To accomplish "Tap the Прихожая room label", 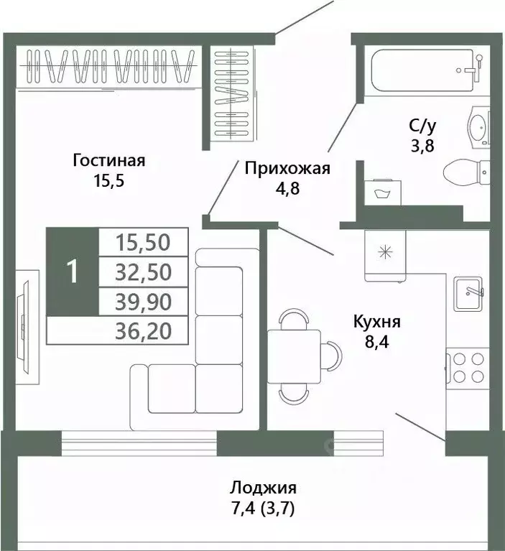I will coord(287,169).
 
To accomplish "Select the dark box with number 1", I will coord(72,272).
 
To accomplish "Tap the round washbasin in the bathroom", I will coord(477,129).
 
